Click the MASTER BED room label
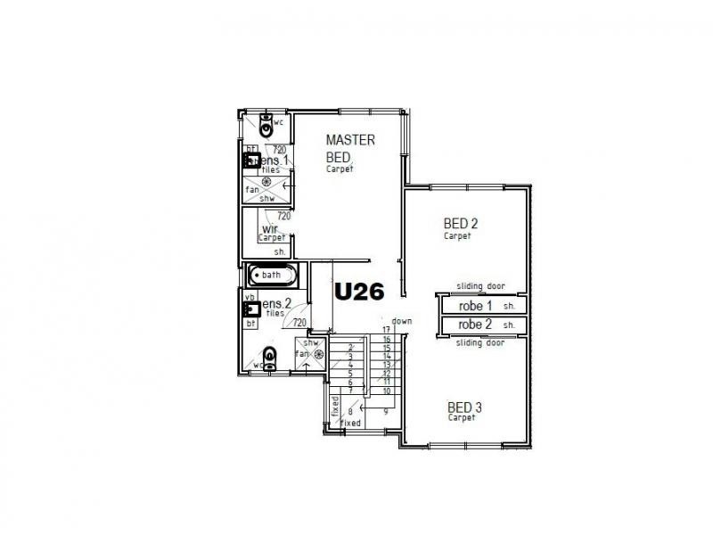tap(349, 148)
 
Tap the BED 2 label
tap(461, 224)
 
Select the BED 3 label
tap(463, 408)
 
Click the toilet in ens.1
tap(265, 121)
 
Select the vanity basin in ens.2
tap(252, 309)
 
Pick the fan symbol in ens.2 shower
tap(317, 354)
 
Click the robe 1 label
tap(475, 305)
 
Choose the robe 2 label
tap(475, 325)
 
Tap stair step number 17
tap(387, 331)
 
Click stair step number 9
tap(386, 412)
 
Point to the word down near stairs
tap(401, 321)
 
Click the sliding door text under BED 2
tap(480, 286)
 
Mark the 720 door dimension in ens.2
tap(299, 323)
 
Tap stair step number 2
tap(351, 346)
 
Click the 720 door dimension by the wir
tap(283, 216)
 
